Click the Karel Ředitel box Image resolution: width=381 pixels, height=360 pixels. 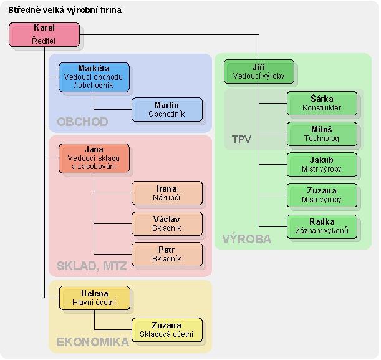coord(44,34)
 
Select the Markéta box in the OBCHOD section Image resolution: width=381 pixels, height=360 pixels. coord(94,77)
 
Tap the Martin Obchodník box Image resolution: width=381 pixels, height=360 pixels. coord(166,109)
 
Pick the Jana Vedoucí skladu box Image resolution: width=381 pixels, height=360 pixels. coord(94,158)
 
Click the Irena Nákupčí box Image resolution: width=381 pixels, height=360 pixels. coord(166,193)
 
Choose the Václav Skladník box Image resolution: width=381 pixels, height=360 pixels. coord(166,223)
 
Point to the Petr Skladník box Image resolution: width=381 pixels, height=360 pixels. coord(166,254)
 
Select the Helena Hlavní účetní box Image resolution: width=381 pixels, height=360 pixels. coord(94,298)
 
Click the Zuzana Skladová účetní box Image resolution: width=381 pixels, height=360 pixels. coord(166,329)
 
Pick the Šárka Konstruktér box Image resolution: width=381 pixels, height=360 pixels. coord(322,103)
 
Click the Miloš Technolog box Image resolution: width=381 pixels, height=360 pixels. coord(322,134)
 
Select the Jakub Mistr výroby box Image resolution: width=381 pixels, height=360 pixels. coord(322,164)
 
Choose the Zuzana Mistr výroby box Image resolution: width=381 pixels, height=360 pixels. coord(322,195)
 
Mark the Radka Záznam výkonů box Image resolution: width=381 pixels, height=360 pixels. coord(322,226)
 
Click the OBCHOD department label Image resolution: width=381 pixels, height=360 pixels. coord(82,122)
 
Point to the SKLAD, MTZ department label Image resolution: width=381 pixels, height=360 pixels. coord(92,266)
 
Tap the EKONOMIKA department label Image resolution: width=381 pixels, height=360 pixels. coord(93,342)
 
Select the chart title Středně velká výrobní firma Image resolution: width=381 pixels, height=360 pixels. coord(65,11)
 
